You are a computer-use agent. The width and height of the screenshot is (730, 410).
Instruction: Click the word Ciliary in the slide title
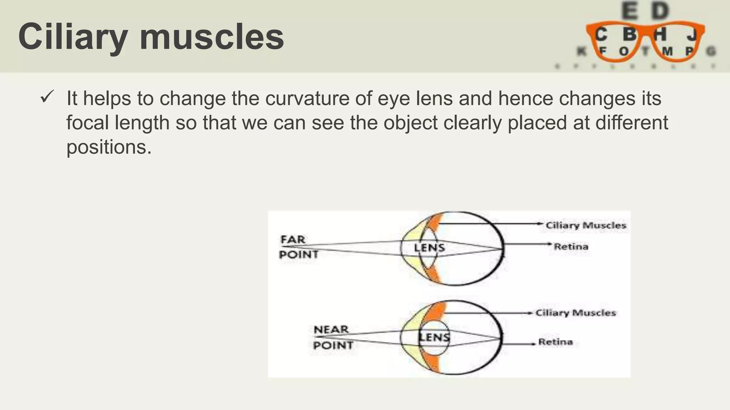[x=73, y=37]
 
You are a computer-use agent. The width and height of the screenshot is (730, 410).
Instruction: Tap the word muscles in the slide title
[x=212, y=37]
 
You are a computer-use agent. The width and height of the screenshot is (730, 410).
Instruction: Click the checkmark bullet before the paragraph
[x=47, y=97]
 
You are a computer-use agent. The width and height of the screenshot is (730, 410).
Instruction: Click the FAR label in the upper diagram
[x=293, y=240]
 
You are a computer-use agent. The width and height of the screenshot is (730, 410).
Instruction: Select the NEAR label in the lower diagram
[x=331, y=330]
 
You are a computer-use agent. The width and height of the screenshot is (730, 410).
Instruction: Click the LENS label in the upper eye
[x=429, y=248]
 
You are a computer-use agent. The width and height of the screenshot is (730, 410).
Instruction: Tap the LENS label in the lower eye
[x=434, y=337]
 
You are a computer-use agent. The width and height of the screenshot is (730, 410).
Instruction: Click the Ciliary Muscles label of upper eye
[x=586, y=225]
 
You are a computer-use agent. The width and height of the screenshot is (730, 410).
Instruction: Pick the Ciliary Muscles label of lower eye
[x=576, y=313]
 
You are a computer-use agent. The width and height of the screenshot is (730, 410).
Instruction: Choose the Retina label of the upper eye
[x=571, y=246]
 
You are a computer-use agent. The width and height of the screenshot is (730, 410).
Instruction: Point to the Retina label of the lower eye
[x=555, y=342]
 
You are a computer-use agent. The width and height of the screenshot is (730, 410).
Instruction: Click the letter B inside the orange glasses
[x=629, y=35]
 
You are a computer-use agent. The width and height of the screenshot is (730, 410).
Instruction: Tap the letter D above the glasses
[x=660, y=11]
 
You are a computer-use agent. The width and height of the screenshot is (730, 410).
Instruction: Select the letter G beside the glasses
[x=711, y=52]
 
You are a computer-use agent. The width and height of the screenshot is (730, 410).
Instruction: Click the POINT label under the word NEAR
[x=333, y=345]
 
